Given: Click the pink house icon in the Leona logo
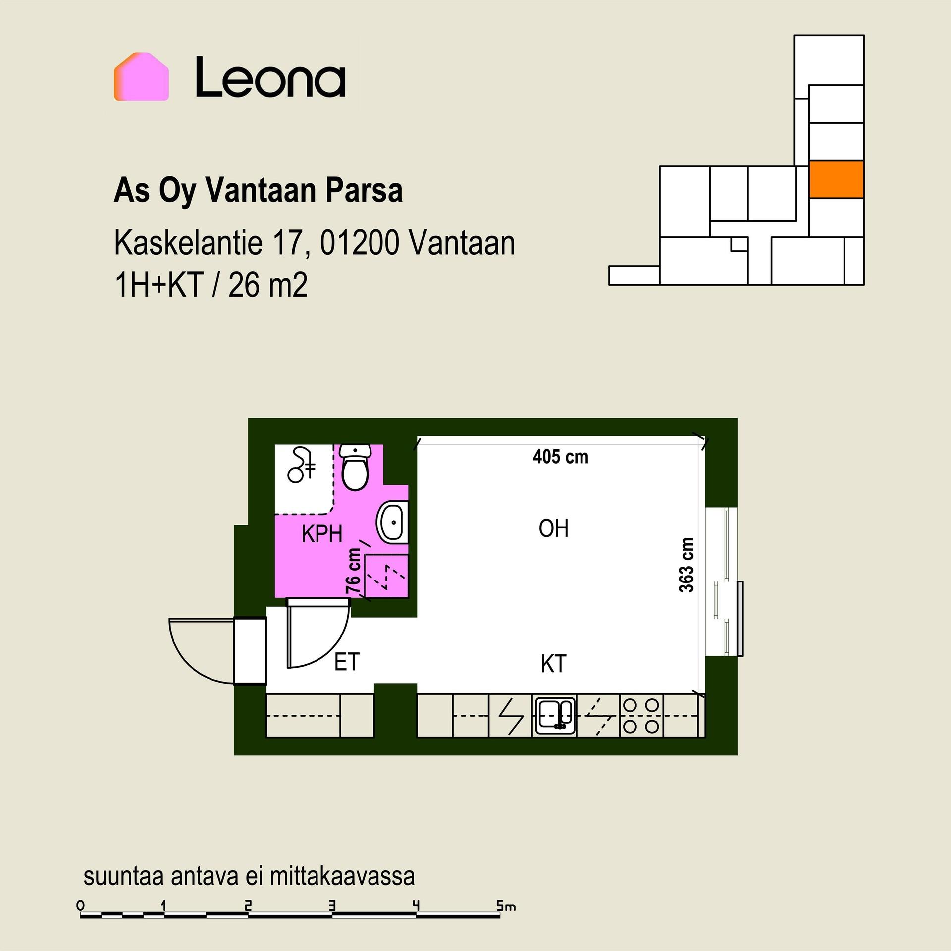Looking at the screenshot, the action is click(142, 77).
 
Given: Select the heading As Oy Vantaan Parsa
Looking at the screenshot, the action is click(258, 191).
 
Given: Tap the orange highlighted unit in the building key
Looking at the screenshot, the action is click(836, 179).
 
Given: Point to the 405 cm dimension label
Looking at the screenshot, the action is click(561, 457).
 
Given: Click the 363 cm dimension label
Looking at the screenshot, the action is click(687, 565).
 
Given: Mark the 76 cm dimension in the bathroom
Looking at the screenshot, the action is click(353, 571).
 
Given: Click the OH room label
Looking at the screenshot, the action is click(553, 528).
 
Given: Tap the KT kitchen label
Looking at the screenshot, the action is click(553, 664).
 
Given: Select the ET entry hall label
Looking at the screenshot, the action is click(347, 662).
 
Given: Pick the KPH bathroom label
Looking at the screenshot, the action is click(322, 534).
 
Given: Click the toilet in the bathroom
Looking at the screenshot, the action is click(355, 467).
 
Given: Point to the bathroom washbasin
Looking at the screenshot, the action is click(393, 522).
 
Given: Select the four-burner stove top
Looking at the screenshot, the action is click(641, 716).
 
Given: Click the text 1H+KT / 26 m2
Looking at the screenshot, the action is click(211, 285).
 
